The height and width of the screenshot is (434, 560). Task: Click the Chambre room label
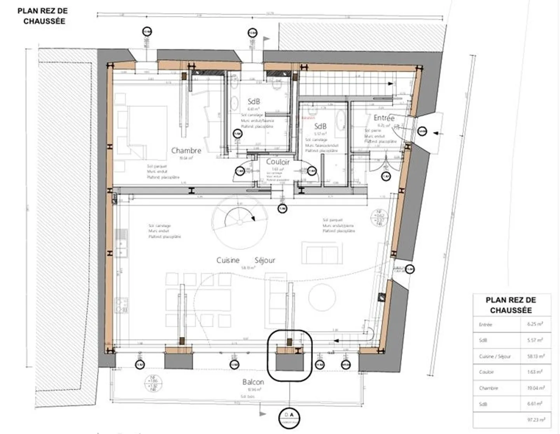point(186,150)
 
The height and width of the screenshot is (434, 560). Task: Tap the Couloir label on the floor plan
point(278,162)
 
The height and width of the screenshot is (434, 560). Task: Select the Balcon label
point(253,382)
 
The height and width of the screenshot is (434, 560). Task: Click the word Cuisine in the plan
point(228,260)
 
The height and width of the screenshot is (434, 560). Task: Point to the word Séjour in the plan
point(265,260)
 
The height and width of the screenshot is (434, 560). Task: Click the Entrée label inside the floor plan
point(384,118)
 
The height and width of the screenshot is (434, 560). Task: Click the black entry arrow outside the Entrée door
point(438,133)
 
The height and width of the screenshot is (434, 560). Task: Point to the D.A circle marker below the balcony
point(289,418)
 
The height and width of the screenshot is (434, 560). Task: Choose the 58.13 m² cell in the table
point(535,356)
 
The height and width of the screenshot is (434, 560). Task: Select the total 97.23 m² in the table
point(535,420)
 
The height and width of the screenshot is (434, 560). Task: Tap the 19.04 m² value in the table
point(535,388)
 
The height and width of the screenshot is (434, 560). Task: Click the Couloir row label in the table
point(486,372)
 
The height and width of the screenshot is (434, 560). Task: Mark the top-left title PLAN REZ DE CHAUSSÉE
point(43,16)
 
